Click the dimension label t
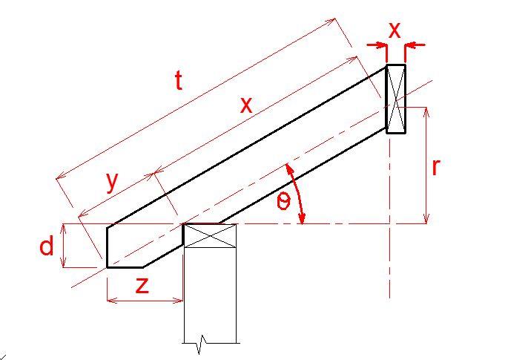pyautogui.click(x=179, y=80)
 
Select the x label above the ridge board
pyautogui.click(x=395, y=30)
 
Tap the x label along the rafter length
pyautogui.click(x=246, y=105)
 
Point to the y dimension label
pyautogui.click(x=112, y=183)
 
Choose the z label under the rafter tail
pyautogui.click(x=142, y=286)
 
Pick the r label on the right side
pyautogui.click(x=435, y=167)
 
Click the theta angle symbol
pyautogui.click(x=283, y=202)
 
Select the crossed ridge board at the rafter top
pyautogui.click(x=396, y=99)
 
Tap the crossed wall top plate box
pyautogui.click(x=210, y=235)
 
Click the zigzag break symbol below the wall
pyautogui.click(x=202, y=344)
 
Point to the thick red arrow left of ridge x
pyautogui.click(x=377, y=45)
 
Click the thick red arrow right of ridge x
pyautogui.click(x=415, y=45)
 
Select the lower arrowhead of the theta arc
pyautogui.click(x=302, y=218)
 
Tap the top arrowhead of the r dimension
pyautogui.click(x=426, y=112)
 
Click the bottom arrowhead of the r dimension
pyautogui.click(x=426, y=218)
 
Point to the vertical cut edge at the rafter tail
pyautogui.click(x=108, y=247)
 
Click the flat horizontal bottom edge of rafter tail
pyautogui.click(x=125, y=267)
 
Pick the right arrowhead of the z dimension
pyautogui.click(x=178, y=301)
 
